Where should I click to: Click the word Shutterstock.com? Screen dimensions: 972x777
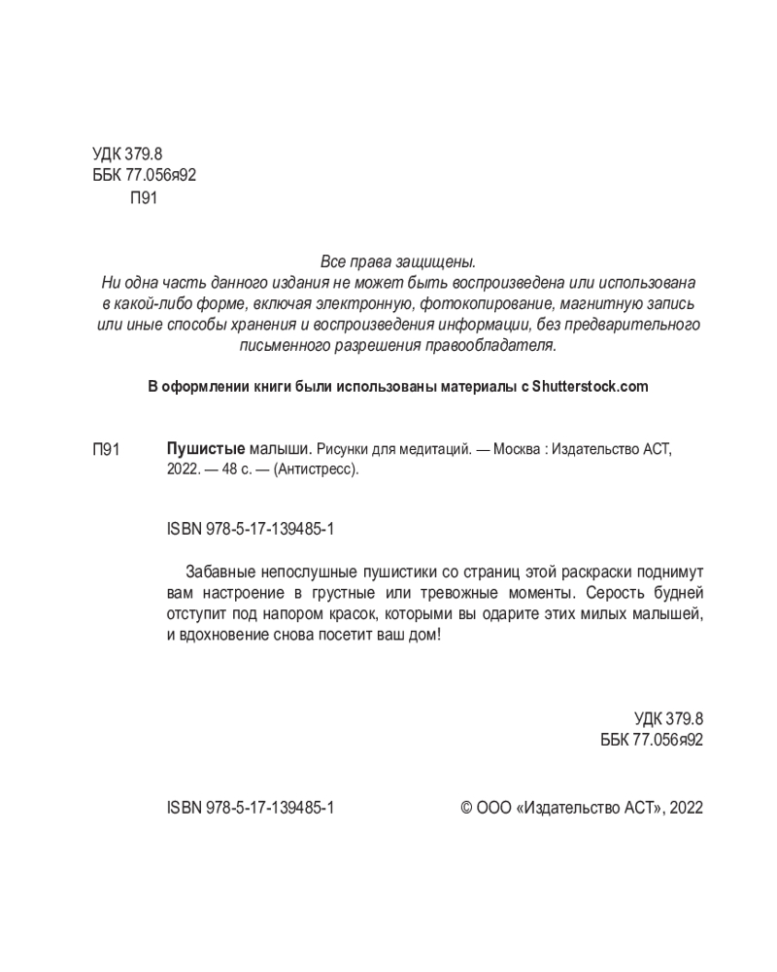coord(590,386)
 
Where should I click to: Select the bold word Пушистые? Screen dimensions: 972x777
coord(206,449)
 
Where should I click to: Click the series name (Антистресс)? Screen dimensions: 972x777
coord(317,469)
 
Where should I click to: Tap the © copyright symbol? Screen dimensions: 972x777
coord(465,807)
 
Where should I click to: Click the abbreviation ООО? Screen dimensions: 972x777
coord(494,807)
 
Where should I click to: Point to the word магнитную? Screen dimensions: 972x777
coord(594,303)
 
